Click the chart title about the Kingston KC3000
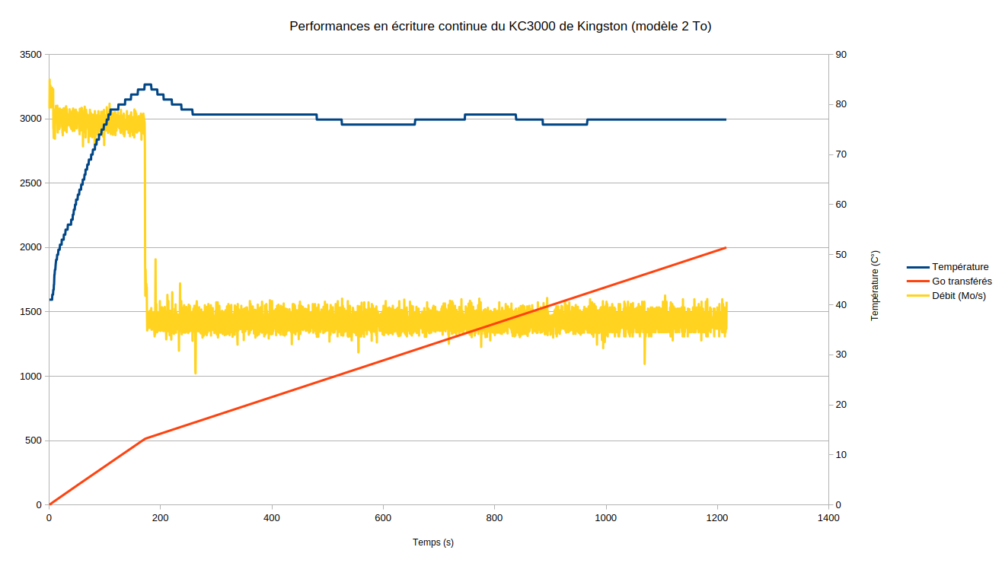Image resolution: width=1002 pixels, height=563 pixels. [500, 26]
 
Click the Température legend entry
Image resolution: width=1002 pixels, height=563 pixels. [959, 267]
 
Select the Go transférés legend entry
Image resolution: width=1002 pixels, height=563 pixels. [962, 281]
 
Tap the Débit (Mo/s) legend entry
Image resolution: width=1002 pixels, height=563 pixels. [959, 296]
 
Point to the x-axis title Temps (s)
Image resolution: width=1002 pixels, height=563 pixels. [433, 542]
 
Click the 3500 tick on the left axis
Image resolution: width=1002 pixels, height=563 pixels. [31, 55]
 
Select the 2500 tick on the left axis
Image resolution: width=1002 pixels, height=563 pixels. [31, 183]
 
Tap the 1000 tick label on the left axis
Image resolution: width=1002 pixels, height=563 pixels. [31, 377]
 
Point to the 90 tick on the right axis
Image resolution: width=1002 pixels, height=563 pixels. [841, 55]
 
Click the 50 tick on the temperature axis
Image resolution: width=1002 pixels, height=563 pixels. [841, 255]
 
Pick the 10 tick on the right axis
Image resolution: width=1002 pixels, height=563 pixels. [841, 455]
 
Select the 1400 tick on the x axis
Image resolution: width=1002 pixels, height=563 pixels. [828, 518]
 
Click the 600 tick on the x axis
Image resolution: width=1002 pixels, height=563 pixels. [383, 518]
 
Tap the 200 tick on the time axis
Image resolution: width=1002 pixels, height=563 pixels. [160, 518]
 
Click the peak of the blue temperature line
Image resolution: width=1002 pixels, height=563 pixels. [148, 84]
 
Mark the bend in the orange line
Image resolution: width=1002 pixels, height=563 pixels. [145, 439]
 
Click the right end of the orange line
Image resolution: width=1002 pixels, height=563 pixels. [726, 248]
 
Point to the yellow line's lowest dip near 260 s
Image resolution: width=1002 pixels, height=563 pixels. [196, 373]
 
